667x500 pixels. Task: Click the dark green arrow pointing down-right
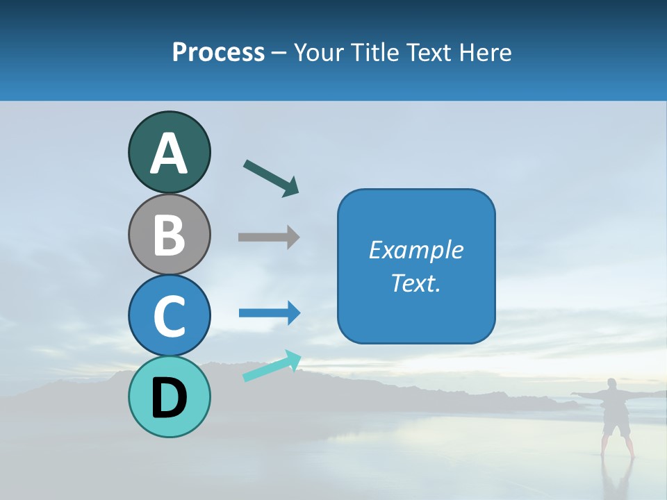coord(271,178)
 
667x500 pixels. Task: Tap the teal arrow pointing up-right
coord(272,366)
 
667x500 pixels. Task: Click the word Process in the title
coord(218,52)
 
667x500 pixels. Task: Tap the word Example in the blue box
coord(415,249)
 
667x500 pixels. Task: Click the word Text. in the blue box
coord(415,283)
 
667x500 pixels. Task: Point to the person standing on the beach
coord(616,417)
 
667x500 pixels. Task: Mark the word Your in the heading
coord(321,52)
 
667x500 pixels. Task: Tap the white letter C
coord(169,317)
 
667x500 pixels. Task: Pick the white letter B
coord(169,235)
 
